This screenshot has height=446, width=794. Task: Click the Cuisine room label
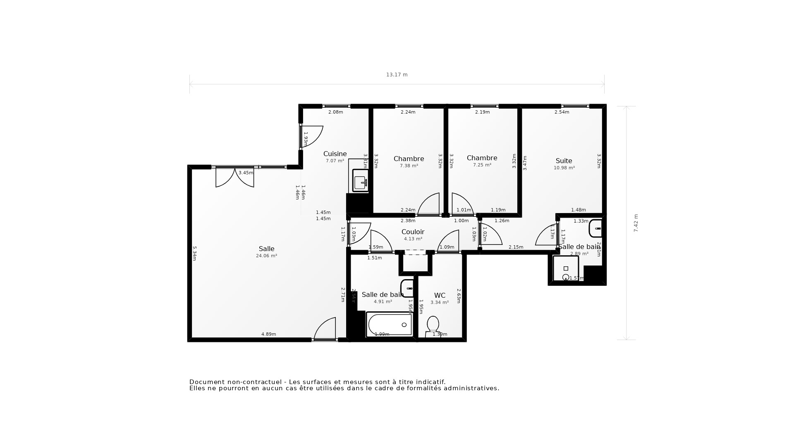(335, 154)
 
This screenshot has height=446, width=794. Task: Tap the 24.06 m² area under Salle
(266, 256)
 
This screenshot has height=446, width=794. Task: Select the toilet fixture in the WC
(433, 325)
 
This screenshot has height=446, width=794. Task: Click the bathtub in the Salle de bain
(389, 325)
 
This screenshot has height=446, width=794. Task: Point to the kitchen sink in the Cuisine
(360, 181)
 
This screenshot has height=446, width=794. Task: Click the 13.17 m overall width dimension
(397, 75)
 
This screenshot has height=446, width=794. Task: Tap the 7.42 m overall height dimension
(636, 223)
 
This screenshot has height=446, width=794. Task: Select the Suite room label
(564, 161)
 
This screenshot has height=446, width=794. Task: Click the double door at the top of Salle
(234, 178)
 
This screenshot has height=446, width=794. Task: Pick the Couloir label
(413, 232)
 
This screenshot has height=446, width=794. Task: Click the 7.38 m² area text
(409, 166)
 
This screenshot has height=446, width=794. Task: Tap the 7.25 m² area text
(482, 165)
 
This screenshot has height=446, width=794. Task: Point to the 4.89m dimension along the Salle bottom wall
(268, 334)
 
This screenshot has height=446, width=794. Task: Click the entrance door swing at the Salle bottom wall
(326, 329)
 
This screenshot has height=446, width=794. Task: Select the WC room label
(440, 296)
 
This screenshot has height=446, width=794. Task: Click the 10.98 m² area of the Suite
(564, 168)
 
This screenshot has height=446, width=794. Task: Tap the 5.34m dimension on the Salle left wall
(194, 253)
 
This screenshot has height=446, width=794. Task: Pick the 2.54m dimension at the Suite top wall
(562, 112)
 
